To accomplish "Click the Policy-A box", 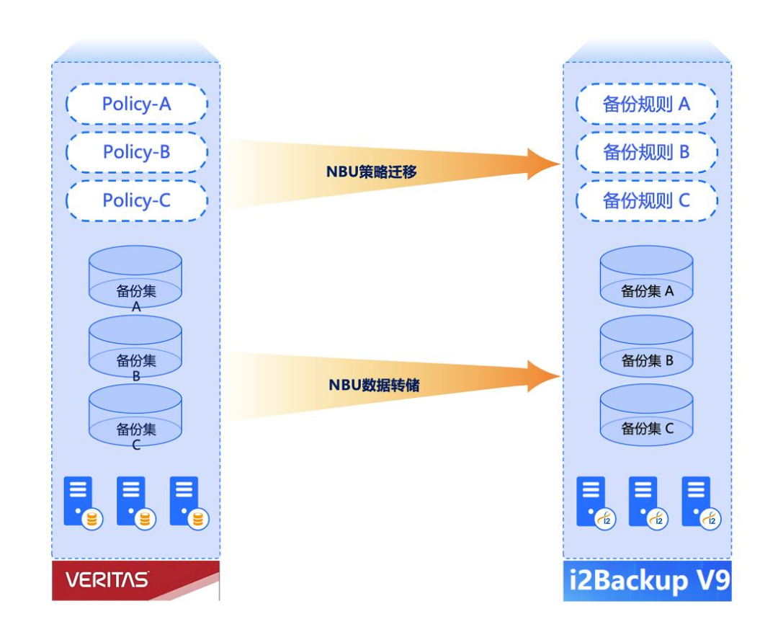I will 136,104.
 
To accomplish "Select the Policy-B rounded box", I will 136,153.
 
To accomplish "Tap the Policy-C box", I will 136,200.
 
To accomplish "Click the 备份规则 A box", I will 646,104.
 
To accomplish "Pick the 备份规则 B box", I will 646,153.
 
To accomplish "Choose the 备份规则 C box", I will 646,200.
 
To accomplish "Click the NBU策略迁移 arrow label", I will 371,173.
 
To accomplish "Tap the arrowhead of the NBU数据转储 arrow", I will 544,376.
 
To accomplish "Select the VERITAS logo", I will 108,579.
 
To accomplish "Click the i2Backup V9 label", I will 646,581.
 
